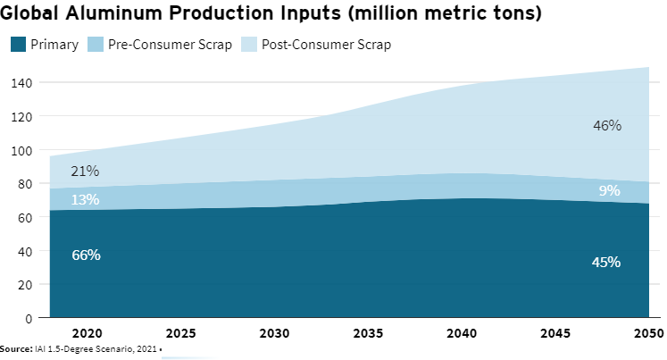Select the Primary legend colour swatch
17,45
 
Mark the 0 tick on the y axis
29,318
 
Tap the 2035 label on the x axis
370,333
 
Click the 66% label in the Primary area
86,255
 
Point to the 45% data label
606,263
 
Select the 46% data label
607,126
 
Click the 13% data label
85,200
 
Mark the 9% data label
610,190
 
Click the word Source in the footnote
16,348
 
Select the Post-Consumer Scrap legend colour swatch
250,45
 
